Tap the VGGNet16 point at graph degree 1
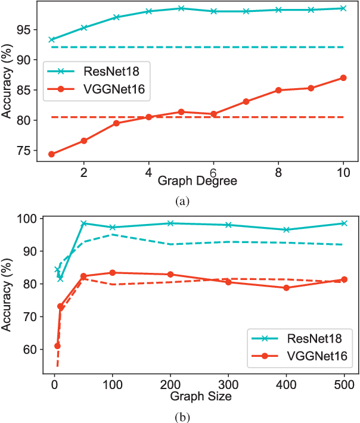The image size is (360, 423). click(x=52, y=154)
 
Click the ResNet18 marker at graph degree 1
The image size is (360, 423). click(x=52, y=39)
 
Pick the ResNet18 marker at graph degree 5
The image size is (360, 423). click(x=181, y=8)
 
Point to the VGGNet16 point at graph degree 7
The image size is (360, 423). click(x=246, y=101)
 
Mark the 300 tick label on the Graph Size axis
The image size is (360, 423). click(x=228, y=385)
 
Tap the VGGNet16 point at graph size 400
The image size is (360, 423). click(x=286, y=288)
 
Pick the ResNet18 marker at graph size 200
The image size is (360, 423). click(x=170, y=223)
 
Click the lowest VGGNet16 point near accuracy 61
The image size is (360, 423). click(x=57, y=346)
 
